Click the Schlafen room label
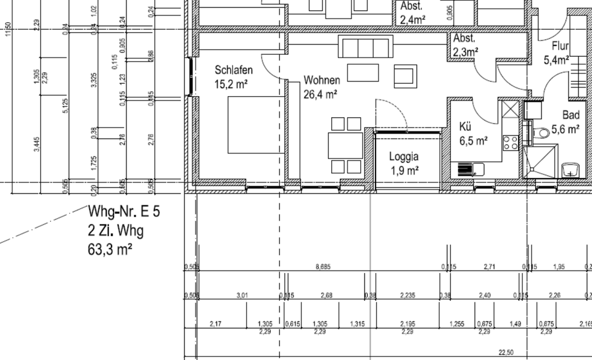click(x=233, y=70)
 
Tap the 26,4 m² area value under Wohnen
click(x=319, y=94)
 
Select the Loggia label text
click(x=404, y=157)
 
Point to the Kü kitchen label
click(x=466, y=127)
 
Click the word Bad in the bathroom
click(x=570, y=115)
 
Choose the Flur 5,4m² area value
click(x=556, y=60)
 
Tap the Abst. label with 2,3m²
click(x=464, y=38)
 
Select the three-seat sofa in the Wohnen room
click(x=365, y=47)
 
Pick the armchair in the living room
click(x=405, y=75)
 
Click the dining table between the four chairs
click(x=345, y=145)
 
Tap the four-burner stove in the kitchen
click(x=511, y=143)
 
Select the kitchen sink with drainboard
click(x=471, y=168)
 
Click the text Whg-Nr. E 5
click(x=124, y=213)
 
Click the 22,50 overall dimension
click(x=506, y=352)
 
